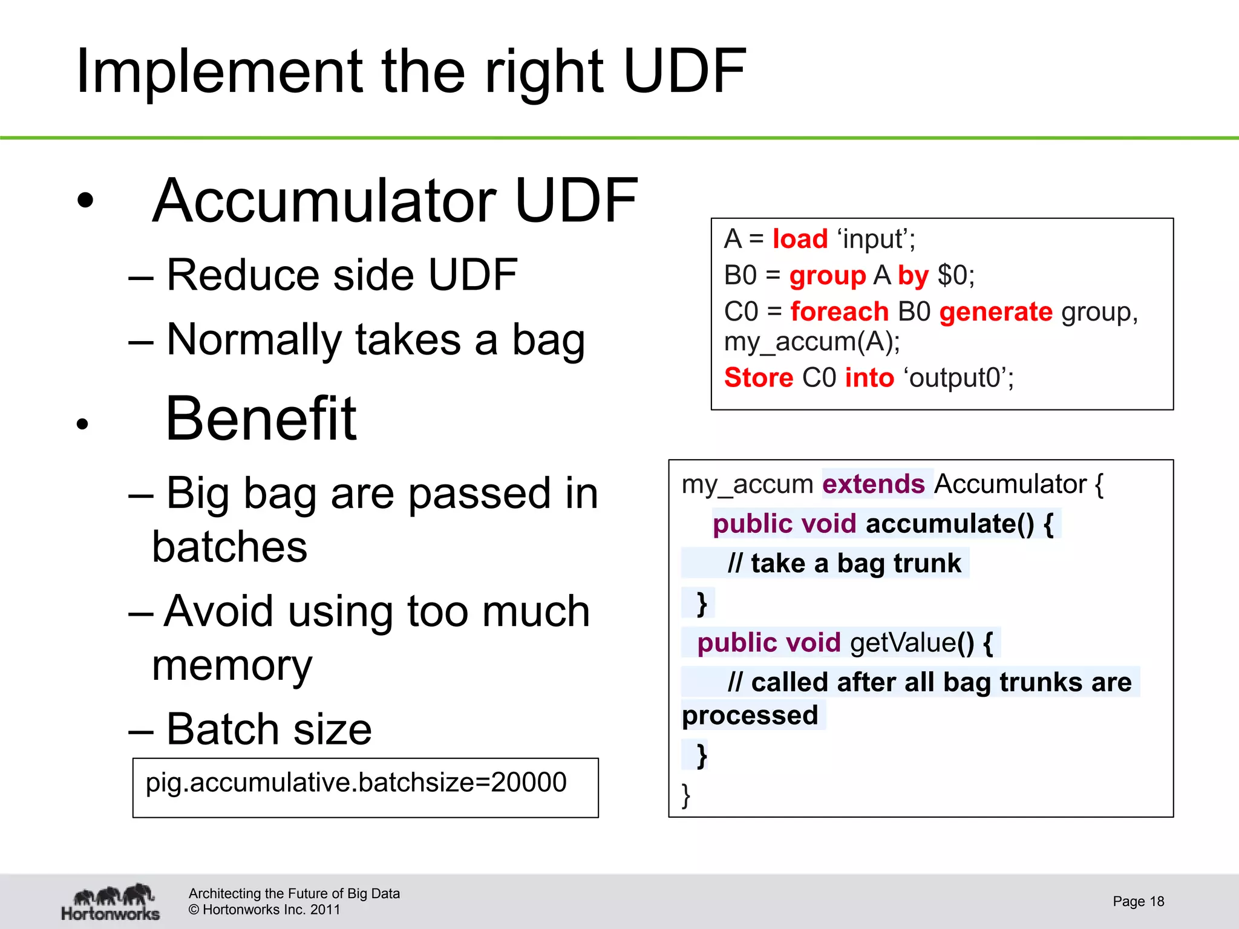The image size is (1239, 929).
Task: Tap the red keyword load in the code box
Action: coord(800,239)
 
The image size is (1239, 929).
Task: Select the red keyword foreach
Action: coord(839,312)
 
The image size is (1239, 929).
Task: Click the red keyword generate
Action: coord(996,312)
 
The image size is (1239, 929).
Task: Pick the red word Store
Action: coord(758,377)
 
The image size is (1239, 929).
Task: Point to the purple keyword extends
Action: coord(874,484)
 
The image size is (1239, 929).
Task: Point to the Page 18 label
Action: coord(1138,901)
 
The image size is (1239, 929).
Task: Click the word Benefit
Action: coord(261,419)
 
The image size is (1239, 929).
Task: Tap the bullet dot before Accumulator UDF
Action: coord(86,200)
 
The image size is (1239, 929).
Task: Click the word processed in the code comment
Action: coord(750,715)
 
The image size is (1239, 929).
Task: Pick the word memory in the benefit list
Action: coord(232,665)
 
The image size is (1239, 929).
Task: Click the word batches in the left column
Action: coord(229,547)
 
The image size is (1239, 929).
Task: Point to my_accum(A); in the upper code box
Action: coord(812,342)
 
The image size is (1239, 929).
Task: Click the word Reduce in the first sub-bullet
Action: coord(243,275)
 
